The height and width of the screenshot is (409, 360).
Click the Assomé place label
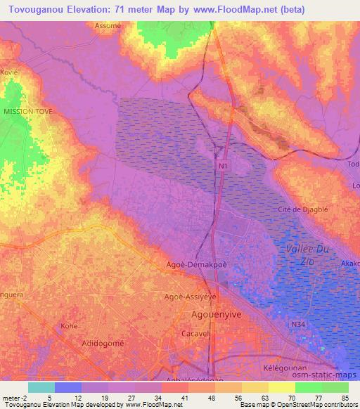click(x=108, y=25)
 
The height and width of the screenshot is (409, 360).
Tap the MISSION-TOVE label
click(x=28, y=111)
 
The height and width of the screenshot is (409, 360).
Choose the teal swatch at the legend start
click(x=41, y=387)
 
